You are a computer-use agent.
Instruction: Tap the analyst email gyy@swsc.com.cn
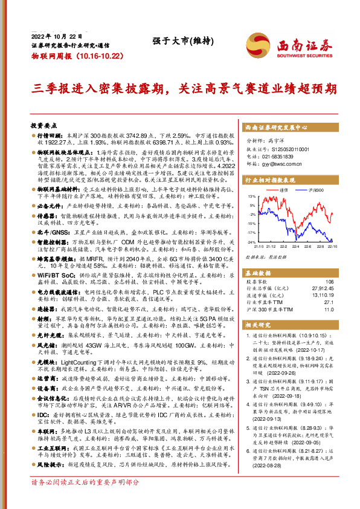pos(274,163)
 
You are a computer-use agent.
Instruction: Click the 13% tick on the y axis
pos(251,197)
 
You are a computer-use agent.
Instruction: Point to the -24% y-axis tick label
pos(250,242)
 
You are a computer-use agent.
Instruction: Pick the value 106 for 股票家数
pos(329,281)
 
